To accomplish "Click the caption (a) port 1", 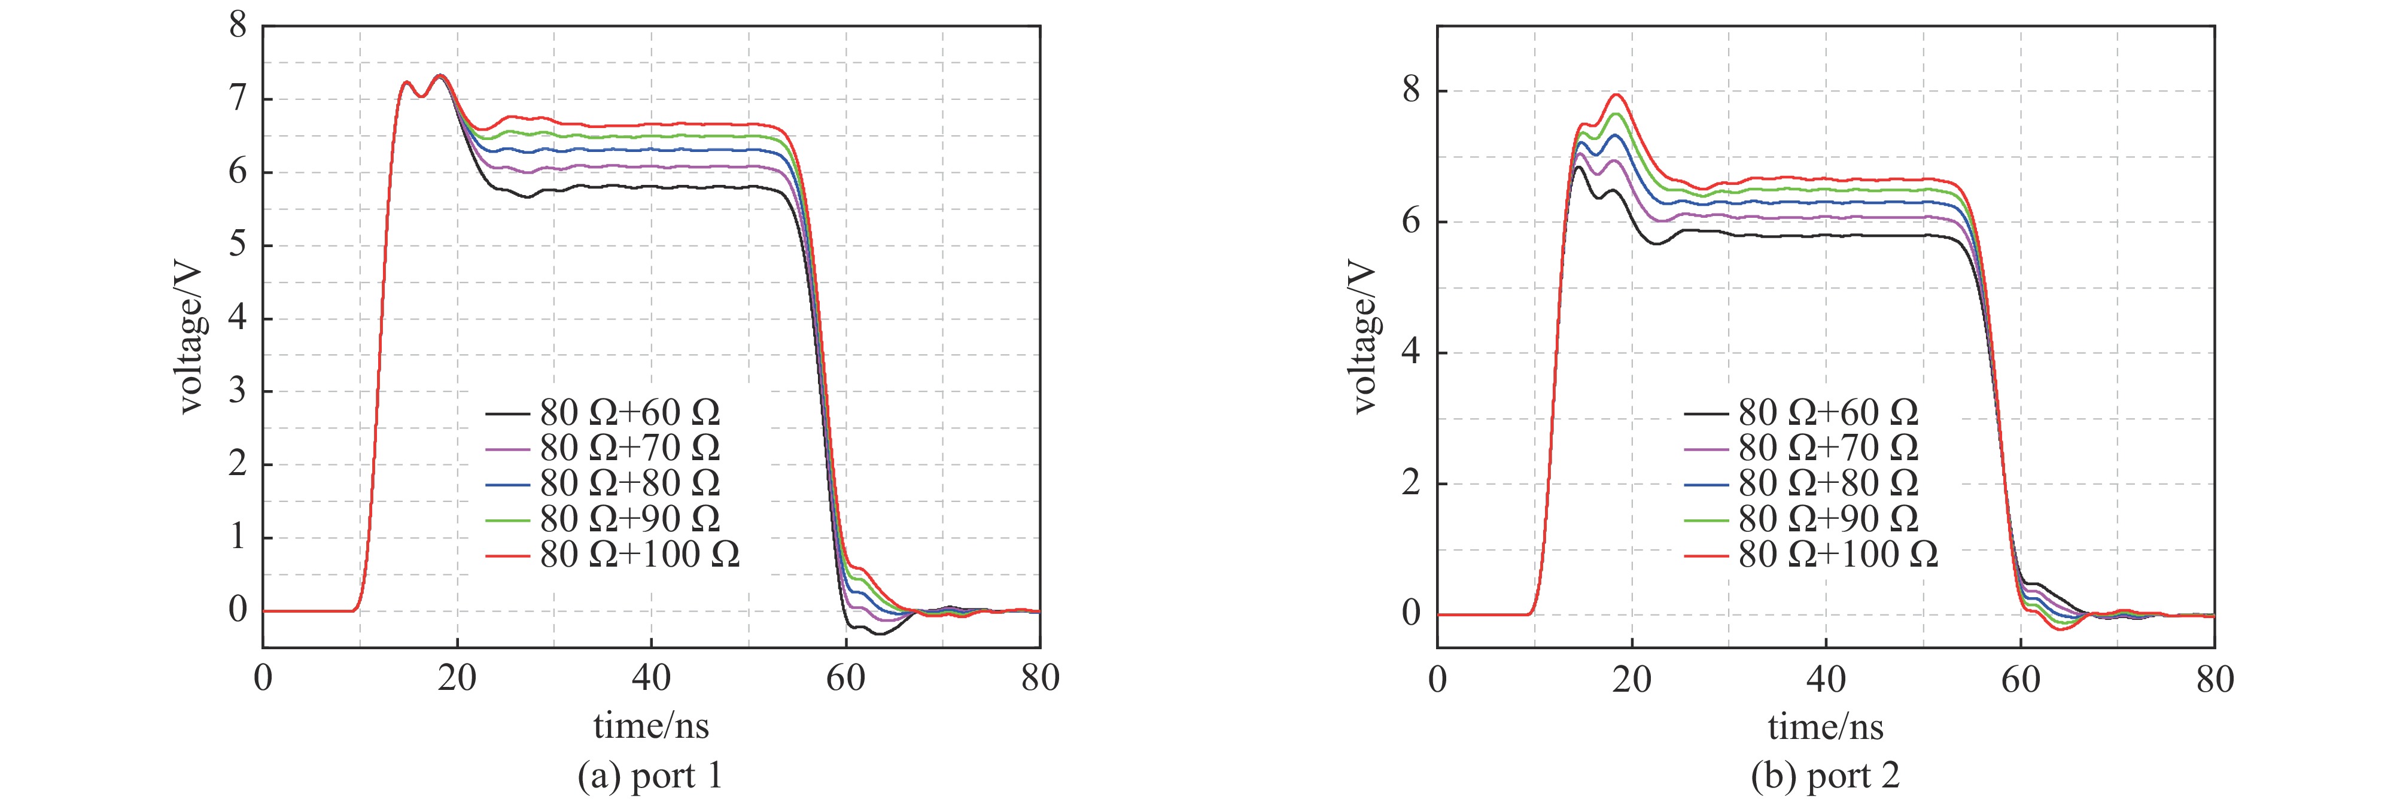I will (x=650, y=776).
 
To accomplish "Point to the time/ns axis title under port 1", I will (x=650, y=726).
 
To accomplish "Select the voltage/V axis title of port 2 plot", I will (x=1363, y=336).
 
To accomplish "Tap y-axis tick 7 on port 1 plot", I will (x=238, y=98).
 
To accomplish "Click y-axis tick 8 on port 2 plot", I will (x=1412, y=90).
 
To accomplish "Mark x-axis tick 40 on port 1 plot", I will (x=651, y=678).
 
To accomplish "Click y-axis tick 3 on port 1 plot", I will (x=238, y=391).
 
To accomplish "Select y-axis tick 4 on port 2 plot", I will (x=1412, y=352).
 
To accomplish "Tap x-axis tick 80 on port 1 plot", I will (x=1040, y=678).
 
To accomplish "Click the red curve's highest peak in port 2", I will (x=1617, y=94).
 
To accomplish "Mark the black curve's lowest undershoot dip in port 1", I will (x=880, y=634).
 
